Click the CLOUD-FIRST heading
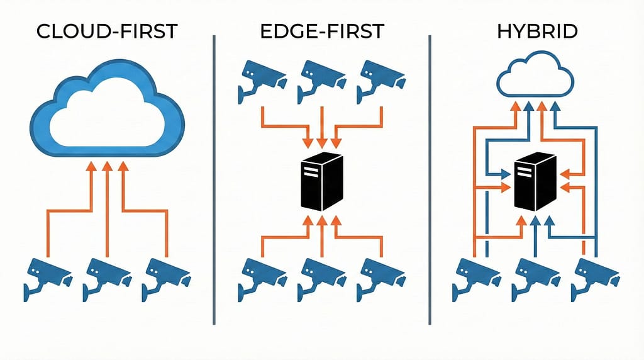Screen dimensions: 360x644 (x=107, y=31)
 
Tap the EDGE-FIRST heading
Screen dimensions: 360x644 (x=321, y=31)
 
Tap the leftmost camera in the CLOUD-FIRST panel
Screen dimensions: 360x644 (x=47, y=277)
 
